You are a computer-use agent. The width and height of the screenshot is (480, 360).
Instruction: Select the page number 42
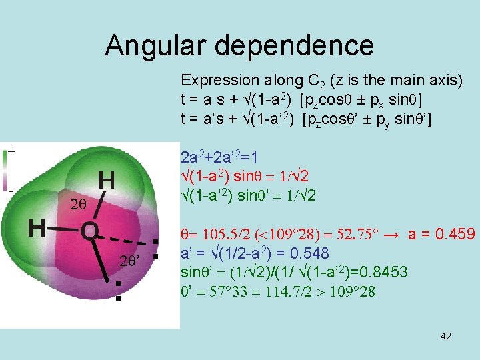(446, 336)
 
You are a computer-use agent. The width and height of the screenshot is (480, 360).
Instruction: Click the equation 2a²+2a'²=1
(220, 158)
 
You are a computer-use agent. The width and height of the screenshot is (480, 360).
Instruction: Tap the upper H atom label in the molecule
(105, 179)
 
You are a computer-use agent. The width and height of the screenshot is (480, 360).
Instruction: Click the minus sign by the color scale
(11, 191)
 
